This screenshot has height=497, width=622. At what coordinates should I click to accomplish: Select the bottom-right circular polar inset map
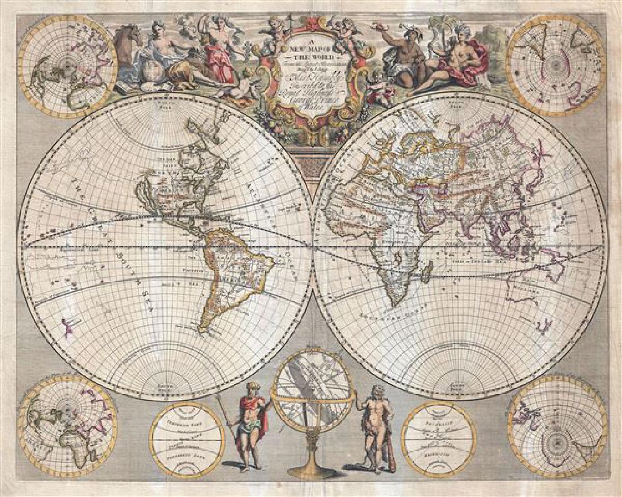click(557, 427)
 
